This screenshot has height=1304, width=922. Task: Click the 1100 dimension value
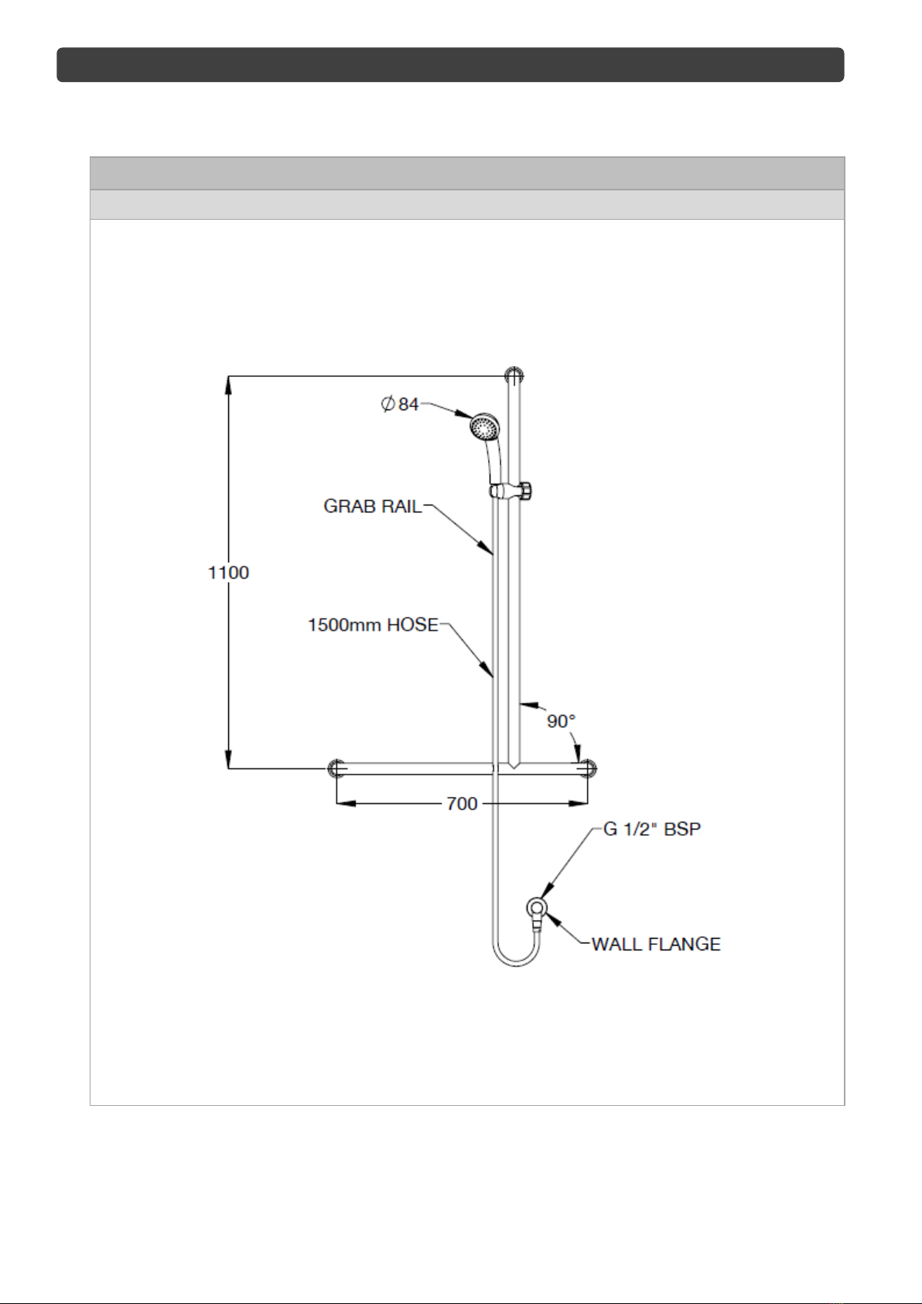tap(229, 573)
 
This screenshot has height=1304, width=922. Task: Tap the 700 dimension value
tap(462, 804)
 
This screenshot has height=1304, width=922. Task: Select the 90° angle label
tap(562, 721)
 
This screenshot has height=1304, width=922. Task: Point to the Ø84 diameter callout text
tap(400, 404)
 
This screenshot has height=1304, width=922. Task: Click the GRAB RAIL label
tap(373, 506)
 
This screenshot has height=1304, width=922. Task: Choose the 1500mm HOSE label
tap(373, 625)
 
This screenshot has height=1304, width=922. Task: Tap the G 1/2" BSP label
tap(652, 829)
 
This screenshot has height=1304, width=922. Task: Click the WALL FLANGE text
tap(656, 944)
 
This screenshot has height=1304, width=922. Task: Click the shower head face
tap(484, 428)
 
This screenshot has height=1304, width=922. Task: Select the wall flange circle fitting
tap(536, 908)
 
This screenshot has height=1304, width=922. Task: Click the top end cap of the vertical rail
tap(514, 375)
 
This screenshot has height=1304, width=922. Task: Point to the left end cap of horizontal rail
tap(336, 768)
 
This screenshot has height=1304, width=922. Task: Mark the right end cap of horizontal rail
tap(587, 768)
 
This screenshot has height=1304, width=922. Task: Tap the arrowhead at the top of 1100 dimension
tap(229, 387)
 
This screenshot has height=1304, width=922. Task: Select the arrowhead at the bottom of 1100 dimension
tap(229, 758)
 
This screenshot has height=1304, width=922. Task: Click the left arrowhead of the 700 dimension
tap(347, 804)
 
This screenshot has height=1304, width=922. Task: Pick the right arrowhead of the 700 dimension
tap(577, 804)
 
